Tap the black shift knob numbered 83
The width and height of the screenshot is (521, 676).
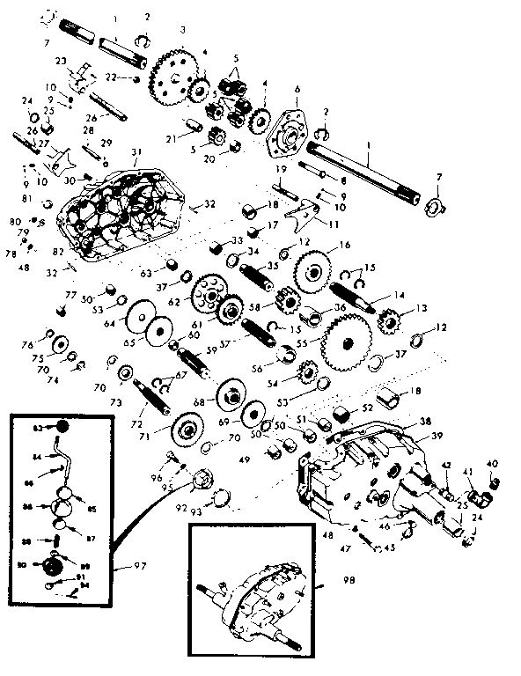pyautogui.click(x=63, y=427)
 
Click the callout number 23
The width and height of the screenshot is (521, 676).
pyautogui.click(x=62, y=60)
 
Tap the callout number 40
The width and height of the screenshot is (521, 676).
pyautogui.click(x=492, y=464)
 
